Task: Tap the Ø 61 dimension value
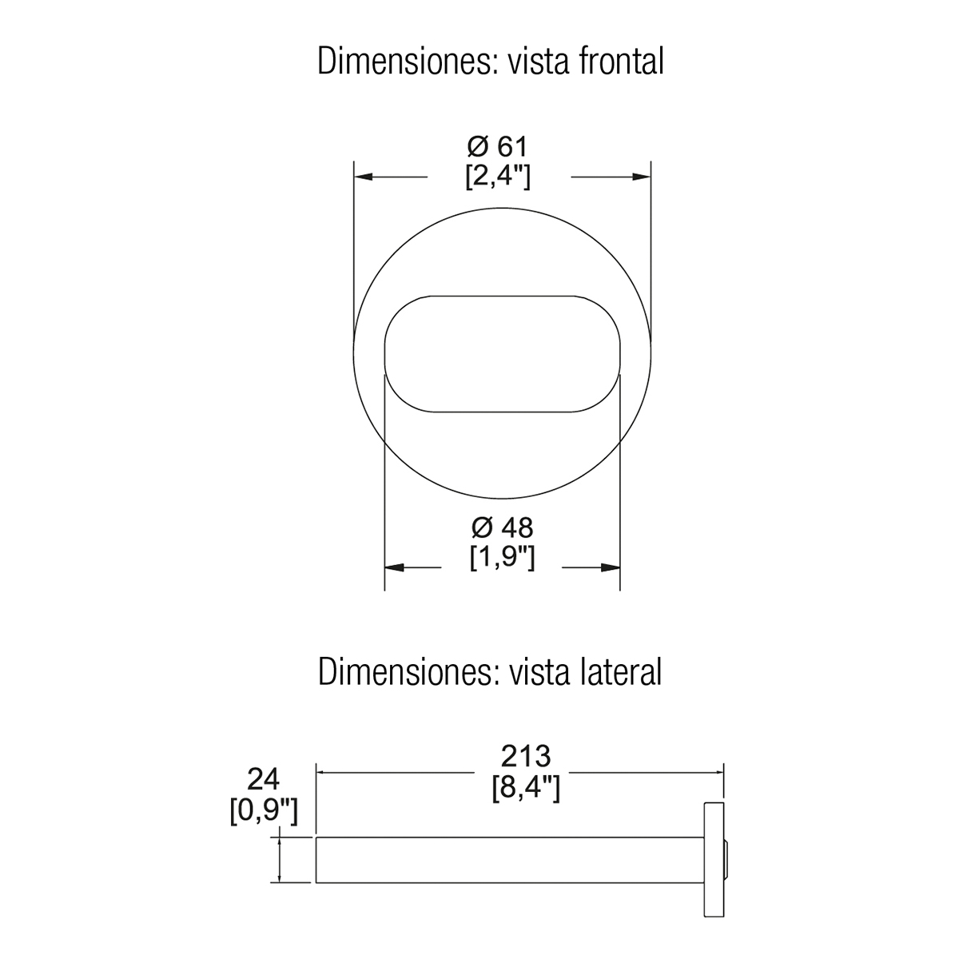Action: (497, 146)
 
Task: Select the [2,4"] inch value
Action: (498, 176)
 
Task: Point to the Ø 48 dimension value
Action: (502, 527)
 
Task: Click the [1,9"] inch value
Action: (502, 557)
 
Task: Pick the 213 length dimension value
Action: (526, 756)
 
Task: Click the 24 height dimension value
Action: (263, 779)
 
